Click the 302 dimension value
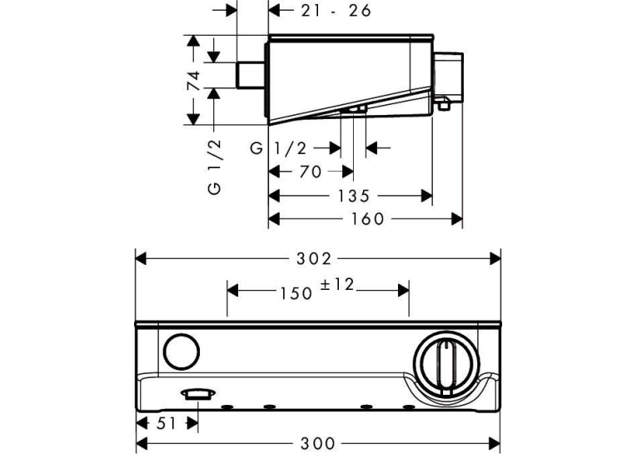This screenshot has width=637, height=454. point(314,258)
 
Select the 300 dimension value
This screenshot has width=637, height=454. point(318,442)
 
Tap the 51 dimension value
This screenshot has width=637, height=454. point(167,423)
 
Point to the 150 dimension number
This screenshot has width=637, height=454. point(296,292)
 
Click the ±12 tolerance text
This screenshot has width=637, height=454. point(337,285)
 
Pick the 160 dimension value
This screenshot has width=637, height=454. point(368,219)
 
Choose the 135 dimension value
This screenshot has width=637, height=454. point(353,197)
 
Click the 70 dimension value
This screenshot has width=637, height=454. point(311,172)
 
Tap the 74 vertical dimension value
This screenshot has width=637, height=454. point(193,81)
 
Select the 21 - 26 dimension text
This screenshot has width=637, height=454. point(336,11)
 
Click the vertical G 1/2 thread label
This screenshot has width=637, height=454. point(214,167)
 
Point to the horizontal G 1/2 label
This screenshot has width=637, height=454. point(278,149)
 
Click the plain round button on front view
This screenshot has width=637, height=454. point(182,352)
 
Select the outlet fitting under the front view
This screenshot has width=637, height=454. point(198,394)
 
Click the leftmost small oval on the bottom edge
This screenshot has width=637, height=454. point(226,407)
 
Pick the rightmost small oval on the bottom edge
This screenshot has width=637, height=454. point(408,407)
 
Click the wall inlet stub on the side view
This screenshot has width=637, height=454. point(251,75)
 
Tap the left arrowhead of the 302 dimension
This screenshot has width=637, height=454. point(141,258)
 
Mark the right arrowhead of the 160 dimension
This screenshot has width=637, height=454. point(457,219)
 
